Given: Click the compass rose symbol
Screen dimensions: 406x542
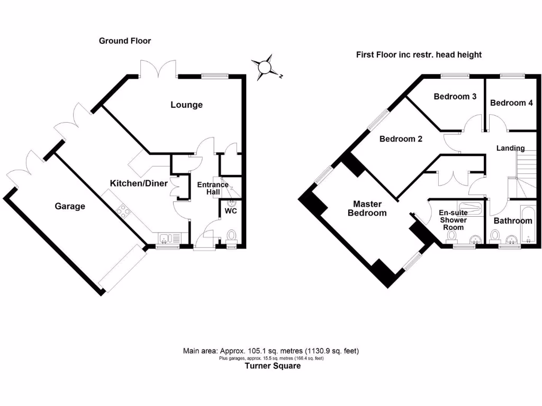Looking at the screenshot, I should (x=265, y=67).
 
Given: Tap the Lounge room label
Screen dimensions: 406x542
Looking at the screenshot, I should (x=186, y=105).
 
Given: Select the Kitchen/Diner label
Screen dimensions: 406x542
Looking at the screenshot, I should (x=139, y=183).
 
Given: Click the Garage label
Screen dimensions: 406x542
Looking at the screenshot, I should (x=70, y=206).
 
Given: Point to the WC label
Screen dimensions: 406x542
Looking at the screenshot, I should (x=231, y=211).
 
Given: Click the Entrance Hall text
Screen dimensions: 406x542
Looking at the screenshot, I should (x=213, y=188).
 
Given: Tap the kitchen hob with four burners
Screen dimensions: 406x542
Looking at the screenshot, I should (x=124, y=211).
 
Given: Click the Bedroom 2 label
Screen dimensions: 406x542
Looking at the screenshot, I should (x=401, y=139).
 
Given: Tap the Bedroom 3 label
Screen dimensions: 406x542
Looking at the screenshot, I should (x=455, y=97).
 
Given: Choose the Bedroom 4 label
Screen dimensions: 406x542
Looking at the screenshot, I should (x=511, y=103).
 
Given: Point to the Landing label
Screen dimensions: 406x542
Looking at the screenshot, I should (x=510, y=149).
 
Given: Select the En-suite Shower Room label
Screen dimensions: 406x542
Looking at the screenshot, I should (x=453, y=220).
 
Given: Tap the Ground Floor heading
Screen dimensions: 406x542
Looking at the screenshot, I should (x=125, y=41).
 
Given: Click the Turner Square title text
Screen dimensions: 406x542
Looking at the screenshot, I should (x=273, y=366).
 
